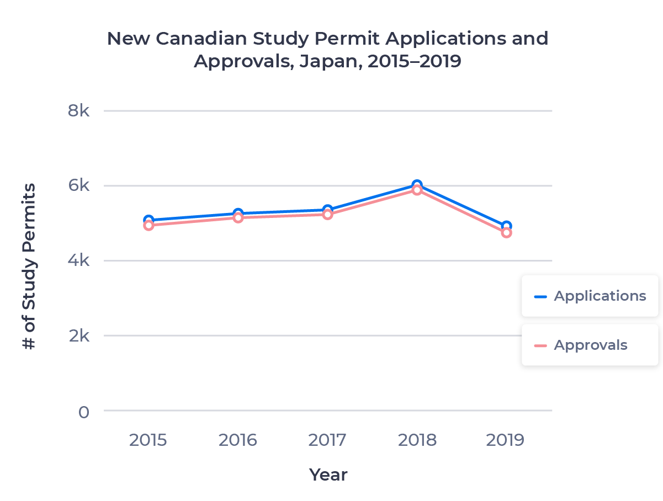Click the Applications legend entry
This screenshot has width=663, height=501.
point(590,296)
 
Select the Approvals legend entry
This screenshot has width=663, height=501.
point(590,345)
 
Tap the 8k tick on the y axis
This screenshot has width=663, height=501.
point(78,111)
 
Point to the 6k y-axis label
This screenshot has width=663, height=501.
point(78,186)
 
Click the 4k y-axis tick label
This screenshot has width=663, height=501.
point(78,260)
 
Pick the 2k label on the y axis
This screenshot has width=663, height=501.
point(78,335)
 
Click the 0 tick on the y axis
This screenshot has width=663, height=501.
point(83,412)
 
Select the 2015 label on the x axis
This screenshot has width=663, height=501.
point(148,440)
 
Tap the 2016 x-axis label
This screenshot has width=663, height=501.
point(238,440)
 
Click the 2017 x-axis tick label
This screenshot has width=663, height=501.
point(327,440)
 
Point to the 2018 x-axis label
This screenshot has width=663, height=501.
point(417,440)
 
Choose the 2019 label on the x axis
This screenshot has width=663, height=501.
point(506,440)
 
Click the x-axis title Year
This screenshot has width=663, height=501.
point(328,475)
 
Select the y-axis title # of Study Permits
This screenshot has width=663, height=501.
point(29,266)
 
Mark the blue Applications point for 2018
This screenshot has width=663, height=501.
point(417,185)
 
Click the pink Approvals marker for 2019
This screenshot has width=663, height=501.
point(506,233)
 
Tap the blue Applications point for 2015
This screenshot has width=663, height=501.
point(148,220)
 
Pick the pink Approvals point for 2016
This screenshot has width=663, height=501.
point(238,218)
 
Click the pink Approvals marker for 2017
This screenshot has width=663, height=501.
point(327,215)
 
